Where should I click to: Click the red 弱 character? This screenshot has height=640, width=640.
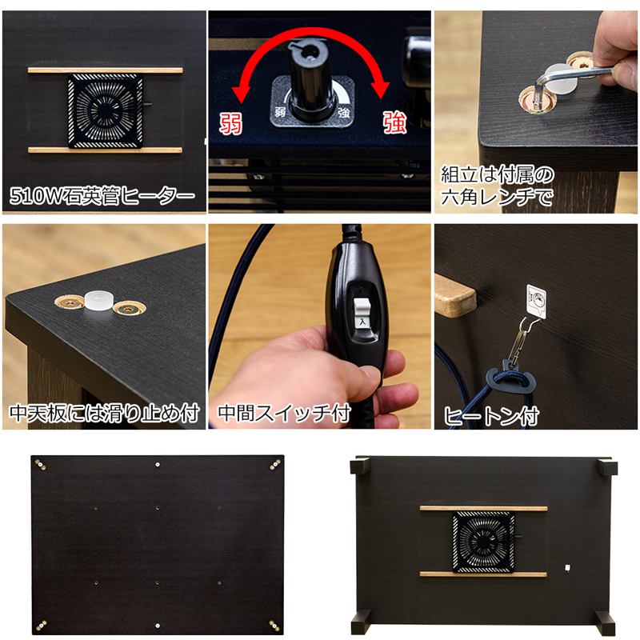(231, 124)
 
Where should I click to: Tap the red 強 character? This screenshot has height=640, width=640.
(394, 122)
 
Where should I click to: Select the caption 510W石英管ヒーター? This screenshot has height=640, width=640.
(102, 195)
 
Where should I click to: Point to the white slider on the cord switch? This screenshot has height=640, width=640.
(362, 311)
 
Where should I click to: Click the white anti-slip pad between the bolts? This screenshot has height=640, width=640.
(98, 301)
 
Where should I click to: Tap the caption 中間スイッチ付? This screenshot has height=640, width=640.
(284, 413)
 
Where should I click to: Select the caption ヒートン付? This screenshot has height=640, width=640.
(491, 416)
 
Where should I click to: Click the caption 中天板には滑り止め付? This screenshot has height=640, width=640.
(105, 413)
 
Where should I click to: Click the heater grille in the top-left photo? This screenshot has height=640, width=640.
(106, 110)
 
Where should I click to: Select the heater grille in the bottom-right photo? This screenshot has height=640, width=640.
(484, 542)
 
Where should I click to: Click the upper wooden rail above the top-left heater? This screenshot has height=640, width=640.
(106, 70)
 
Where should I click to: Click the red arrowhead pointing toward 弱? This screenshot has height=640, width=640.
(242, 92)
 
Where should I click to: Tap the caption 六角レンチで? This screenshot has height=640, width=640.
(497, 197)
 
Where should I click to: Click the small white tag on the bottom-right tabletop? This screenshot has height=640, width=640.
(567, 568)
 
